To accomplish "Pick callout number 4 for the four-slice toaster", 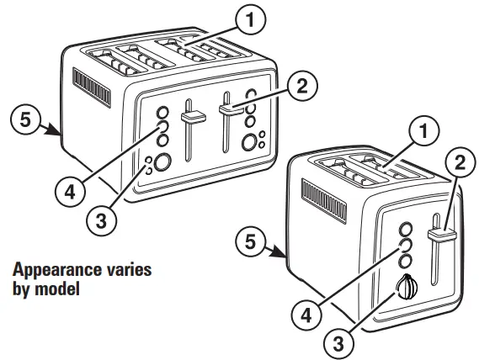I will point(70,191).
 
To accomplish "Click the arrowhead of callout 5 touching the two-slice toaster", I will point(283,254).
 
